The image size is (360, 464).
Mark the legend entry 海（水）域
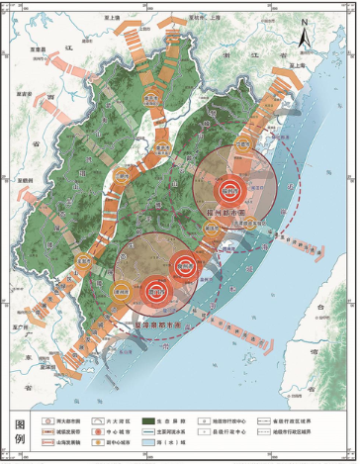(183, 444)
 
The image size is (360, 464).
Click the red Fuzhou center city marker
(229, 188)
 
